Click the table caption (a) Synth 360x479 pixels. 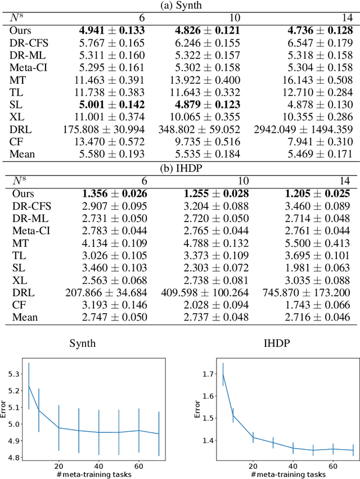point(180,6)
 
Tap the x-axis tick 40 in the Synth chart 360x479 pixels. point(99,466)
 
